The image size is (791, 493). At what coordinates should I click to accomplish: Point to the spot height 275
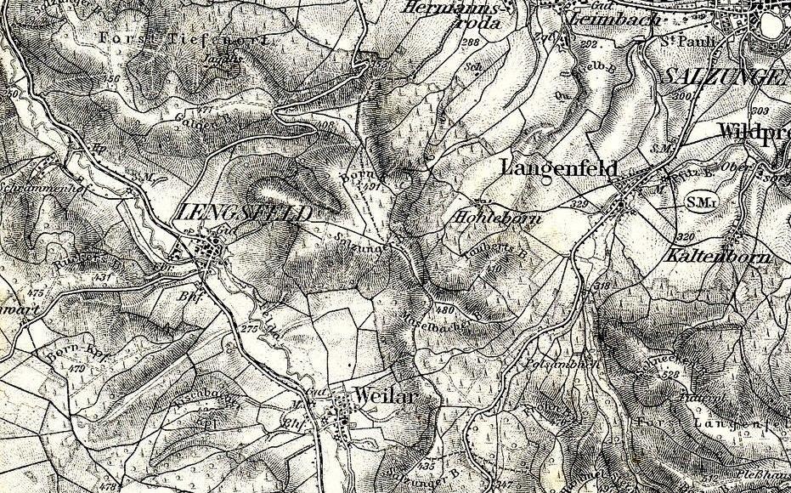tap(248, 327)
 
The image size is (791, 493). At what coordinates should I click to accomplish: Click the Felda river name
tap(271, 319)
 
